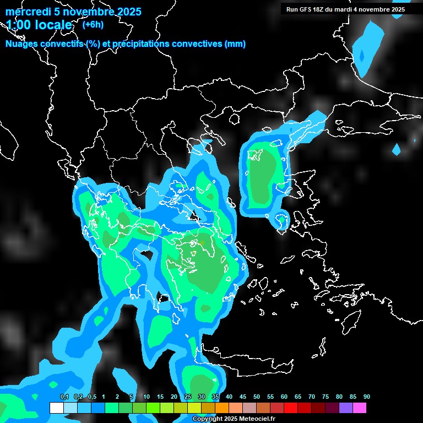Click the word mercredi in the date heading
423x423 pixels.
pos(26,12)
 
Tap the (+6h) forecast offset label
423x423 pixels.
pos(93,24)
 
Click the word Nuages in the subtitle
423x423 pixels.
pos(22,44)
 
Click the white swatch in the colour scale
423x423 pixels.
pos(56,408)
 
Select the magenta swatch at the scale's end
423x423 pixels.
pos(359,408)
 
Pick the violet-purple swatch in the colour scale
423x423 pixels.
pos(345,408)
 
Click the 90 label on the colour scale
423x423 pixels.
pos(366,397)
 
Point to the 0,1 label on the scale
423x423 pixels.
pos(64,397)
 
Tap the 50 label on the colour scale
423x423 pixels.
pos(257,397)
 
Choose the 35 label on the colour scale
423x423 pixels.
pos(215,397)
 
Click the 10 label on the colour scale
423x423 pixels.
pos(147,397)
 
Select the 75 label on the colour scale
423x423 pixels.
pos(326,397)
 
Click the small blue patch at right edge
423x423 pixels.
pos(396,149)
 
